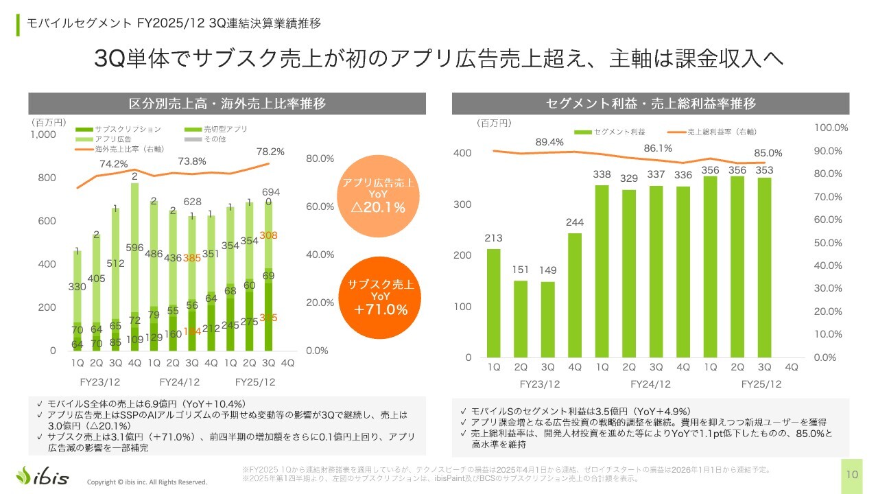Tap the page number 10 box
[853, 475]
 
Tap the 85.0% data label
[768, 152]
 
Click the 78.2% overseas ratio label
[270, 152]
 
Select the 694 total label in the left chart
[270, 191]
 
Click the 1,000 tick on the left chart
[43, 134]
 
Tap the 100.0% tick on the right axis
[831, 128]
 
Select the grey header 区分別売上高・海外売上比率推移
[227, 104]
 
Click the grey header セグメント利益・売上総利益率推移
[651, 104]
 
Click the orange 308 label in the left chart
[269, 235]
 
